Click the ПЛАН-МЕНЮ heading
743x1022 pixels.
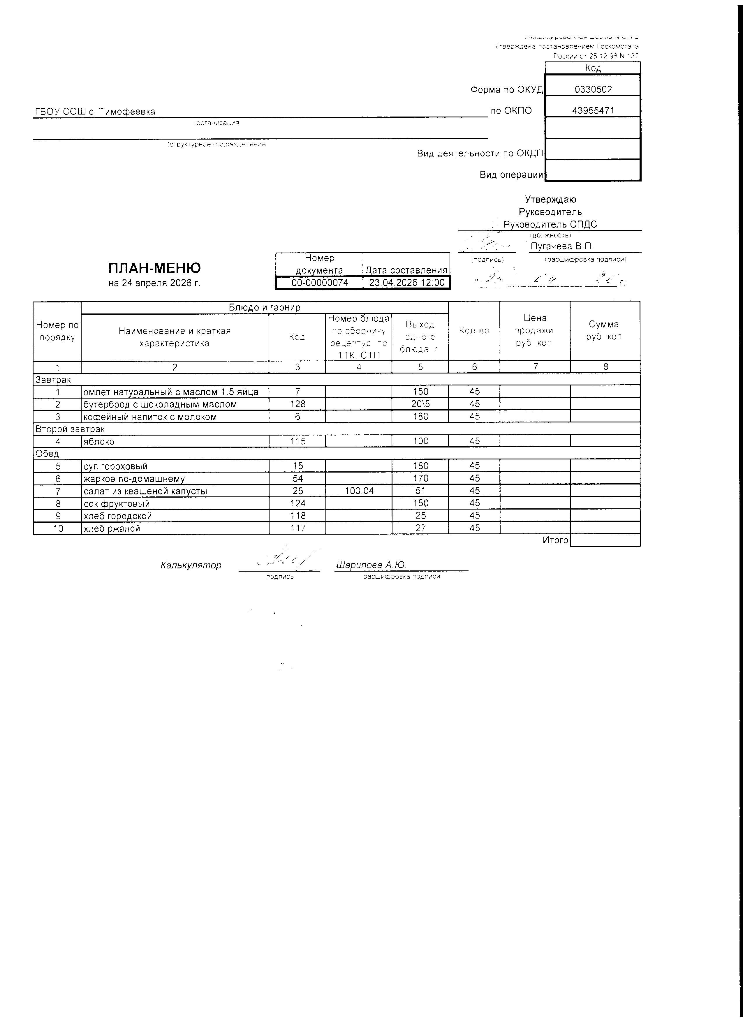tap(154, 268)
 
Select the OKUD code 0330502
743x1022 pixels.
tap(593, 89)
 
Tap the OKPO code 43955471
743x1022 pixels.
tap(593, 110)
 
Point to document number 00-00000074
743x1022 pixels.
tap(319, 283)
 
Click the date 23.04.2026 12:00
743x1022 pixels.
tap(406, 283)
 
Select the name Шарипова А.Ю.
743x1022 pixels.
tap(370, 565)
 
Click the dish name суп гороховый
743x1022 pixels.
tap(116, 466)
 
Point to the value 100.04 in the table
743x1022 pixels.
tap(359, 491)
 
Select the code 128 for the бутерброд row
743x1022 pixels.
tap(297, 404)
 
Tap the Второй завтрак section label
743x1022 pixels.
tap(70, 429)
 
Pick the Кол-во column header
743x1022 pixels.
tap(474, 330)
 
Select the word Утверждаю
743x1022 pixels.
tap(550, 199)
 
